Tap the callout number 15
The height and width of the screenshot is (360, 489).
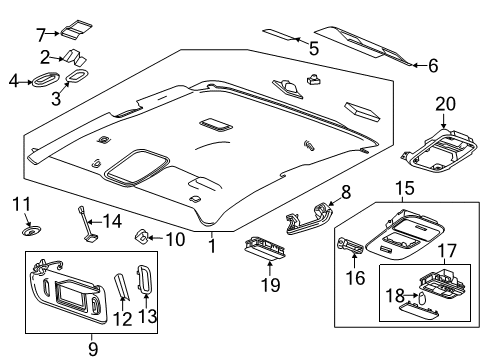pos(404,187)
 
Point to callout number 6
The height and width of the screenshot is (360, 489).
pos(433,66)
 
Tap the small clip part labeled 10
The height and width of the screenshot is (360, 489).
pos(143,237)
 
